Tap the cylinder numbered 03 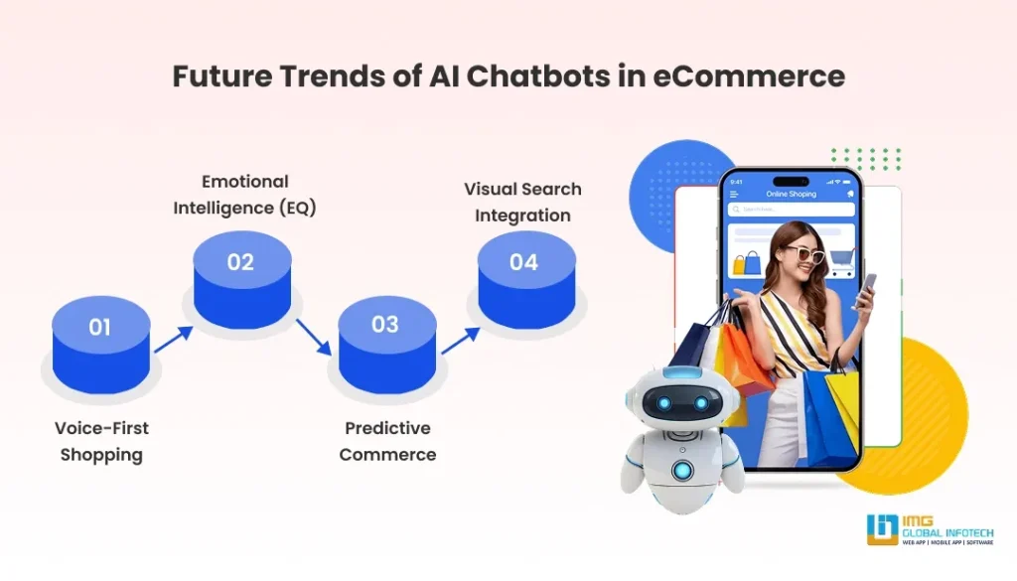click(385, 343)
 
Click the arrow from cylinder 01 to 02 click(173, 338)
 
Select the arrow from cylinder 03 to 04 click(457, 339)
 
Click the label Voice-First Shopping click(101, 442)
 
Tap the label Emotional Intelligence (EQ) click(244, 195)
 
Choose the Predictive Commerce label click(387, 441)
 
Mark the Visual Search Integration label click(522, 202)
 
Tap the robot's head click(675, 402)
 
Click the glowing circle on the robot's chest click(680, 470)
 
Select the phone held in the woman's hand click(867, 290)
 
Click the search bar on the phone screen click(792, 210)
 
